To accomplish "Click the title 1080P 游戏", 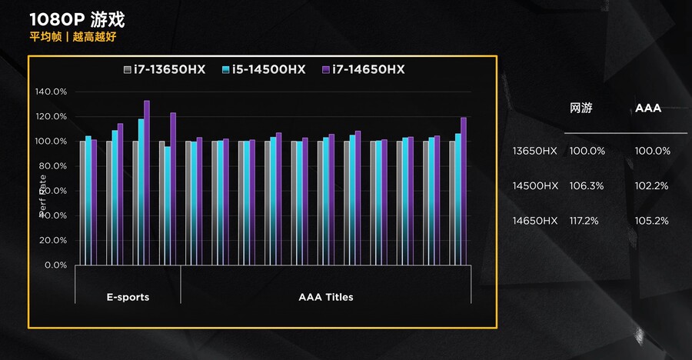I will tap(76, 18).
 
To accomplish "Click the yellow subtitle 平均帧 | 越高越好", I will tap(73, 36).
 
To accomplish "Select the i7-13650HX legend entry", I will tap(165, 69).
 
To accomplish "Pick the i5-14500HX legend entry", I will tap(264, 69).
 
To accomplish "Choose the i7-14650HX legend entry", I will tap(363, 69).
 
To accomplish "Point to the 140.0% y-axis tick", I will tap(52, 92).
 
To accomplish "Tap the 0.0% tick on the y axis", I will tap(56, 265).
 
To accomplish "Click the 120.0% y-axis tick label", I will tap(52, 116).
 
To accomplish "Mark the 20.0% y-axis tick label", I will tap(54, 240).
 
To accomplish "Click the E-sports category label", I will tap(128, 297).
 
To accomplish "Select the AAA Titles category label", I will tap(325, 297).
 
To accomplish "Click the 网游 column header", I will tap(581, 108).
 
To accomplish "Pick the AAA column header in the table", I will tap(648, 108).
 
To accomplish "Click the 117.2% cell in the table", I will tap(587, 221).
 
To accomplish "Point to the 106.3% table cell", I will tap(587, 185).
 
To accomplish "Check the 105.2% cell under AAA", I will tap(652, 221).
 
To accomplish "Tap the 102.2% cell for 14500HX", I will tap(652, 185).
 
